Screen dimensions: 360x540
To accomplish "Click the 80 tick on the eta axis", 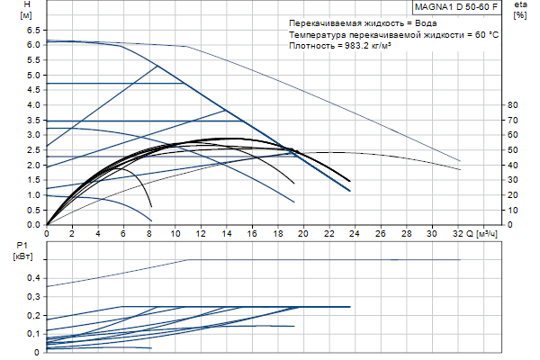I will click(513, 105).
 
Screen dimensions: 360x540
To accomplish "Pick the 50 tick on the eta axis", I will click(513, 150).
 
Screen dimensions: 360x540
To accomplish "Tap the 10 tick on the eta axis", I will click(513, 210).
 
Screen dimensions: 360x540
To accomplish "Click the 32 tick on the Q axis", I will click(459, 233).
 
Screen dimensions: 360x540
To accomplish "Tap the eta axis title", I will click(519, 6).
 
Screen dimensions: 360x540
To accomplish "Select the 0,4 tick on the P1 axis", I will click(32, 278).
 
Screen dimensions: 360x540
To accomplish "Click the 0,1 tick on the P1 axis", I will click(32, 333).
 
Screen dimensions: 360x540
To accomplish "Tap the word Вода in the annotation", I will click(422, 21).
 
